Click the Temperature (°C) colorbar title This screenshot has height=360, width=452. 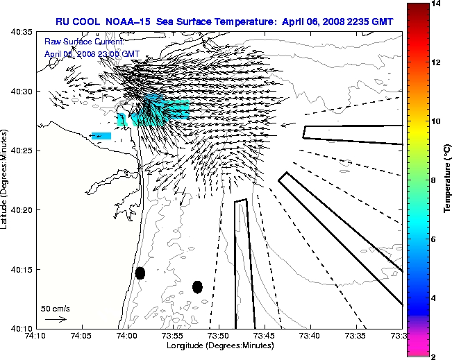448,180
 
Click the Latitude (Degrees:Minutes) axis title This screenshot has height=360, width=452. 6,180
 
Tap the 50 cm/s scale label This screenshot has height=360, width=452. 56,308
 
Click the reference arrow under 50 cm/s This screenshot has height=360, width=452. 56,319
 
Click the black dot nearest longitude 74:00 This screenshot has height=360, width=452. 140,273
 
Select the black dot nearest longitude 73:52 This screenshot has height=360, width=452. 197,286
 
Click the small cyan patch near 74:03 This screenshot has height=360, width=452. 101,136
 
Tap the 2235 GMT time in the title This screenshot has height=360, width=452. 369,22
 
